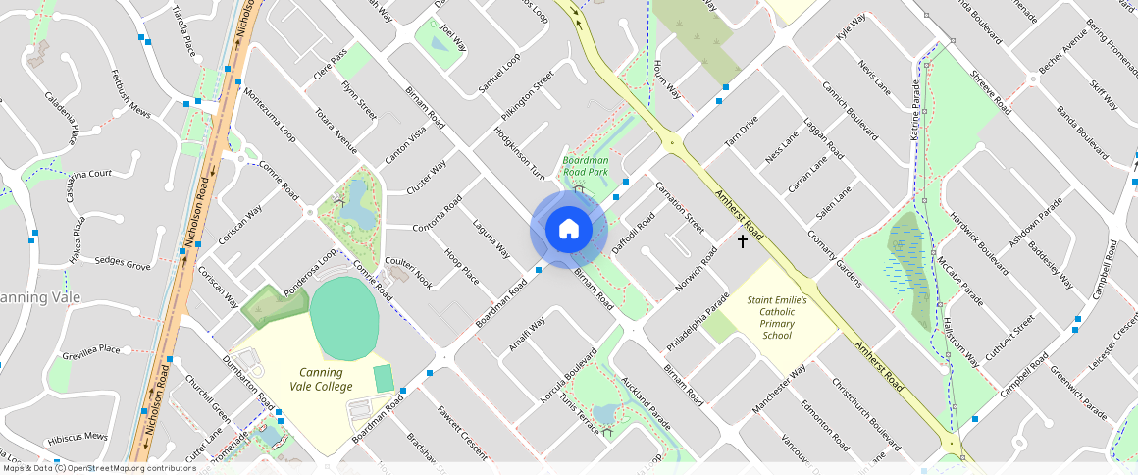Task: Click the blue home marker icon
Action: (x=568, y=230)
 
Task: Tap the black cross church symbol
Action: (x=743, y=240)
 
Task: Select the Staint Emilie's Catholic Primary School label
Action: (x=777, y=317)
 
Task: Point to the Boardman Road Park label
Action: (x=587, y=166)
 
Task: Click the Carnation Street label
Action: (x=680, y=207)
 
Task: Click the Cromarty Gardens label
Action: (x=834, y=259)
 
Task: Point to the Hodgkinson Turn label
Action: (x=519, y=152)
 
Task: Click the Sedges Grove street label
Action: (x=122, y=264)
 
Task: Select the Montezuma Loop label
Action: (x=270, y=116)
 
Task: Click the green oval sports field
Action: (x=344, y=319)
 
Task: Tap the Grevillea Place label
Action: (x=90, y=349)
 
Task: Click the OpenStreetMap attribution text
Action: (x=98, y=468)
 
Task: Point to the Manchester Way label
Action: (x=778, y=389)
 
